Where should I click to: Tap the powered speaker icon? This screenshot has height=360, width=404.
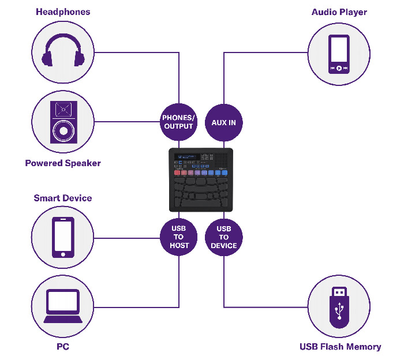[x=63, y=122]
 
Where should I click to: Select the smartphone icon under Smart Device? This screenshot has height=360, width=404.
[x=63, y=237]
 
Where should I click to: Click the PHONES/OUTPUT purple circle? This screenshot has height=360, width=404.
[x=178, y=122]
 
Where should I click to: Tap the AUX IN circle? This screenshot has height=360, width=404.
[x=223, y=122]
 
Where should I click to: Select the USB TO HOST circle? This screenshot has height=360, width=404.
[x=178, y=237]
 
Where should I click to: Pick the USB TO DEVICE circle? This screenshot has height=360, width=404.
[x=223, y=237]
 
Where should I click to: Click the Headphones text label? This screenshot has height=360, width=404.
[x=62, y=12]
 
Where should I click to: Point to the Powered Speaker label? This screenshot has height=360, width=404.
[x=63, y=163]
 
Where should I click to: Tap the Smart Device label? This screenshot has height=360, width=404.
[x=63, y=198]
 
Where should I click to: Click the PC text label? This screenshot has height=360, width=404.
[x=63, y=347]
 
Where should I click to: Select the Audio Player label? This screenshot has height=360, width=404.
[x=339, y=12]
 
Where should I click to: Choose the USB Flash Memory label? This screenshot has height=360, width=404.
[x=340, y=347]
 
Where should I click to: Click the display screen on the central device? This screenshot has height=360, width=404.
[x=188, y=157]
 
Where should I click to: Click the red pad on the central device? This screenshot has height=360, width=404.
[x=177, y=172]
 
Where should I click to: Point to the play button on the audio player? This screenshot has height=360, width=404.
[x=339, y=68]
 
